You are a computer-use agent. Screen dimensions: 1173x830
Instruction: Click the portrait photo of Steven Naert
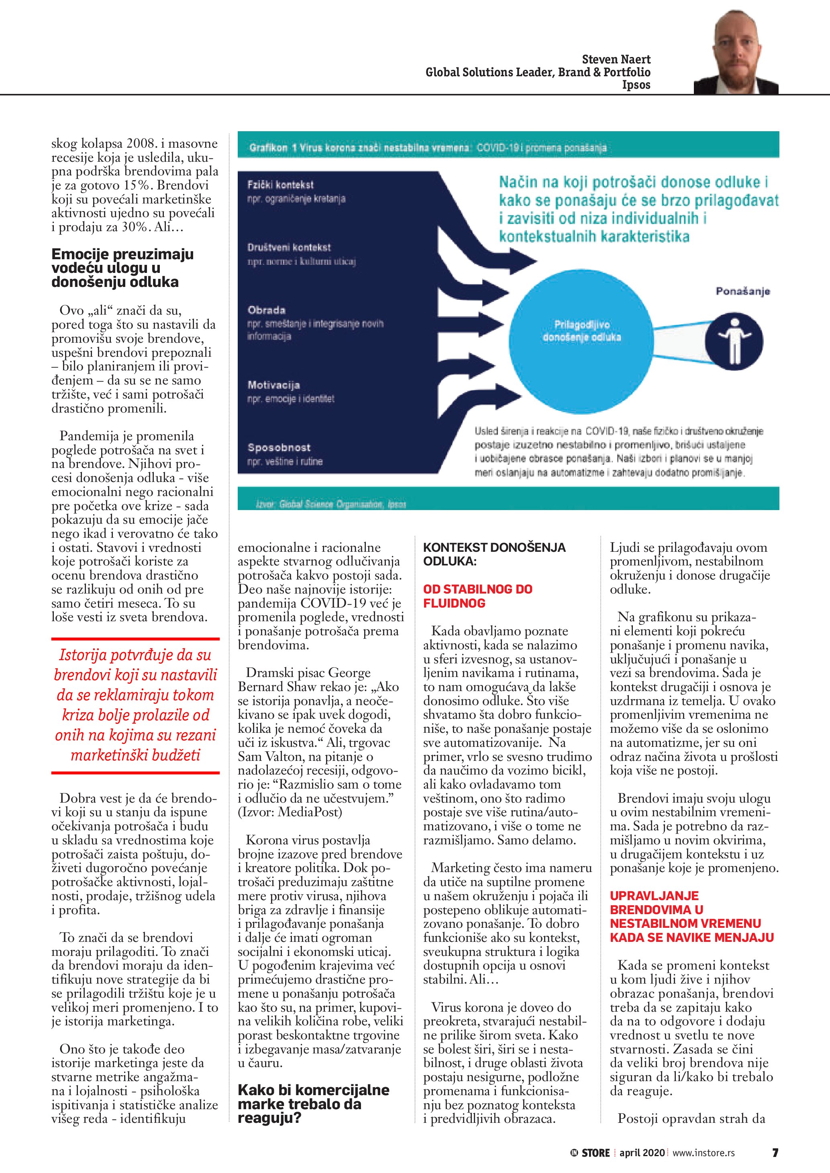click(736, 52)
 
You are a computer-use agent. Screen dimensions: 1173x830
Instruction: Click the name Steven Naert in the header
click(616, 59)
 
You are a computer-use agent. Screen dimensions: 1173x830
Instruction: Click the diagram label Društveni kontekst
click(289, 247)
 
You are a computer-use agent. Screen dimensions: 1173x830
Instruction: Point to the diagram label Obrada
click(266, 310)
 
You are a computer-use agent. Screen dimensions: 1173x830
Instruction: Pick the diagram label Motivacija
click(273, 385)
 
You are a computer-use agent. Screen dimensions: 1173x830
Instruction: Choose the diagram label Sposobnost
click(279, 447)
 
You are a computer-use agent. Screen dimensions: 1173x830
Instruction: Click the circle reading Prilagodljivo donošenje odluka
click(581, 331)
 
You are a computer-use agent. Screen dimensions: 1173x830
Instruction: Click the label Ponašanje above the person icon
click(742, 292)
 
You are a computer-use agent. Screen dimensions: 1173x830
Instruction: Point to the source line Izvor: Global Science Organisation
click(330, 504)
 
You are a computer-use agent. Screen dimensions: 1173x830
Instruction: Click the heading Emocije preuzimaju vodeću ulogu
click(122, 268)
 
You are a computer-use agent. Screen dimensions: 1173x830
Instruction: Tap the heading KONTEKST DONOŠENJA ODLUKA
click(494, 554)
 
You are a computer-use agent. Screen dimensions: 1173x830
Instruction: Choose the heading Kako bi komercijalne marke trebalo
click(313, 1104)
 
